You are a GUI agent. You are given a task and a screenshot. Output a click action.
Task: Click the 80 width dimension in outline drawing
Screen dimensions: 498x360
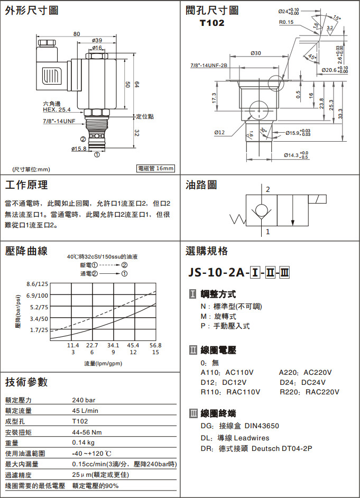[77, 34]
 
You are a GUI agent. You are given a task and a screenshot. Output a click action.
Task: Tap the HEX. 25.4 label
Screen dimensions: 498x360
[57, 109]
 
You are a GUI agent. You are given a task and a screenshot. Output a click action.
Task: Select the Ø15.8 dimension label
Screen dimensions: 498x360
[79, 149]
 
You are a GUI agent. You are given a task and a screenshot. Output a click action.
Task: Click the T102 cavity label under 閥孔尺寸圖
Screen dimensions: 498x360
[212, 23]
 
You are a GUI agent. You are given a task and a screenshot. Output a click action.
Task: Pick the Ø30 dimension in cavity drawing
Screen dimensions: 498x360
[255, 53]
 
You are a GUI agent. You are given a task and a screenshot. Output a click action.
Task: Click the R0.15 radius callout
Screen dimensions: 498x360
[286, 22]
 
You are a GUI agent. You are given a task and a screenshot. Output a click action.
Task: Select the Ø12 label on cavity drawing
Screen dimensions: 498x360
[219, 132]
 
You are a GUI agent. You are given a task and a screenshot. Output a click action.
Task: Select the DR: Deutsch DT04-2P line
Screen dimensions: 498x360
[256, 449]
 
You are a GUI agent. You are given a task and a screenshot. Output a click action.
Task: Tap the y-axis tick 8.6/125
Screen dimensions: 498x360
[37, 284]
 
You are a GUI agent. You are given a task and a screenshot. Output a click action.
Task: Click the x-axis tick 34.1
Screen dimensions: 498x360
[113, 345]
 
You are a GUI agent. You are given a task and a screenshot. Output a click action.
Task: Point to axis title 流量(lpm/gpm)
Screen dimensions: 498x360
[103, 364]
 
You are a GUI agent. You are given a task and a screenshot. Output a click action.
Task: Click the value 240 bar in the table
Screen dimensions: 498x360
[84, 400]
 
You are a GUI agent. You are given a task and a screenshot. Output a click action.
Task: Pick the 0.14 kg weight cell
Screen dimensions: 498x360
[84, 442]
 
